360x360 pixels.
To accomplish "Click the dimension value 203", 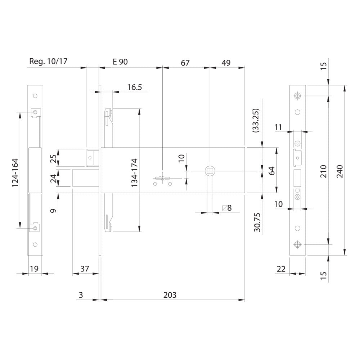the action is (x=170, y=295).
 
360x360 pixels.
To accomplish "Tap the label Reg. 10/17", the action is (x=48, y=61).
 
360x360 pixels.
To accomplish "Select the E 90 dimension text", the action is (x=120, y=62).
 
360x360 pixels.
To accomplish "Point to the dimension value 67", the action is (x=185, y=63).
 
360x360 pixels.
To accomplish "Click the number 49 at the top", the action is (x=226, y=63).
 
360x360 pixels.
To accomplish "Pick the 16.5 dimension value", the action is (x=135, y=87).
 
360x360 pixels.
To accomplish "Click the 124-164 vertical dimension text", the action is (x=15, y=173).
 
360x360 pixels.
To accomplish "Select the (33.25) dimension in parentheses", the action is (x=256, y=121).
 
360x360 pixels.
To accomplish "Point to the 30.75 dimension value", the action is (x=257, y=222).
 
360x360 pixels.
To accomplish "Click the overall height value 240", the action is (x=339, y=171).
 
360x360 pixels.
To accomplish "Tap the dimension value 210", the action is (x=323, y=171).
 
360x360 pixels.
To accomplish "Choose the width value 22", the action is (x=281, y=269).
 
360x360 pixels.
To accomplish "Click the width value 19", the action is (x=34, y=269).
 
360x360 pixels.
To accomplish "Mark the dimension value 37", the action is (x=85, y=269).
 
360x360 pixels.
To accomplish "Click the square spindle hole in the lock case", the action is (x=210, y=171).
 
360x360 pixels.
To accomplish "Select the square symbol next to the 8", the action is (x=224, y=208).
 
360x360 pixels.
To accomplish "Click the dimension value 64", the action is (x=271, y=171).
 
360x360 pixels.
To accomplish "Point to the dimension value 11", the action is (x=278, y=127).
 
